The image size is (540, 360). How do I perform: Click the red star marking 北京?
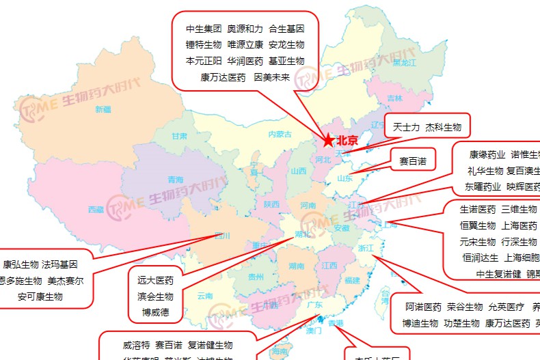329,141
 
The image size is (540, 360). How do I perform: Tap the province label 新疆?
103,109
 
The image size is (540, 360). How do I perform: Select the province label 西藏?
96,209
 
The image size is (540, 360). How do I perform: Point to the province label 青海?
176,180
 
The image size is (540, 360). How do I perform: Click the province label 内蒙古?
280,134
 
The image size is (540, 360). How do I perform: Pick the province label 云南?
205,296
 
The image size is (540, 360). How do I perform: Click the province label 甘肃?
179,136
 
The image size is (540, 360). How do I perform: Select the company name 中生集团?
204,29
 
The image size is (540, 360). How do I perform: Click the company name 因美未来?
271,77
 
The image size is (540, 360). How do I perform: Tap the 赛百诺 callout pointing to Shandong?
412,162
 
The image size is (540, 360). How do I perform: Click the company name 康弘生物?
21,264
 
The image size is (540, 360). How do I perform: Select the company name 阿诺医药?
423,307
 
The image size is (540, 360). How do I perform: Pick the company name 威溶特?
136,345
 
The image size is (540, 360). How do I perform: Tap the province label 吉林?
395,98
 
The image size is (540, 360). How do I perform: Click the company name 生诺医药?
478,210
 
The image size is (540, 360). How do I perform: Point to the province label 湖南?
296,266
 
